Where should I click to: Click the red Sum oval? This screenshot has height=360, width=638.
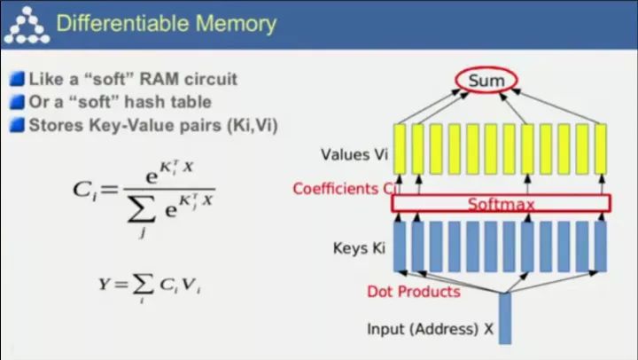(486, 82)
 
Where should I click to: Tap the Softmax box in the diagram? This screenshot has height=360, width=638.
(501, 204)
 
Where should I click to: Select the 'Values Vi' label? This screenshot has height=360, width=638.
(354, 155)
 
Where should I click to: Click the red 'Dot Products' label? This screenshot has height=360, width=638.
(414, 291)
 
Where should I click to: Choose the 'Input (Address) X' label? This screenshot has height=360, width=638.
(430, 329)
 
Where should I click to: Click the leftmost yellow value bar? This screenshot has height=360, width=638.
(400, 148)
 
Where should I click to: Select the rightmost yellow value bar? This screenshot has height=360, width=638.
(600, 148)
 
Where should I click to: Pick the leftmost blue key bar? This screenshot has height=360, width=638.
(400, 246)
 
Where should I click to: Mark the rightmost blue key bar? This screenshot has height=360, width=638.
(601, 246)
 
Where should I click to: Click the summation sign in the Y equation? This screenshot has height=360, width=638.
(142, 285)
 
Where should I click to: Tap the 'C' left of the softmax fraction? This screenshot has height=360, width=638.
(83, 188)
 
